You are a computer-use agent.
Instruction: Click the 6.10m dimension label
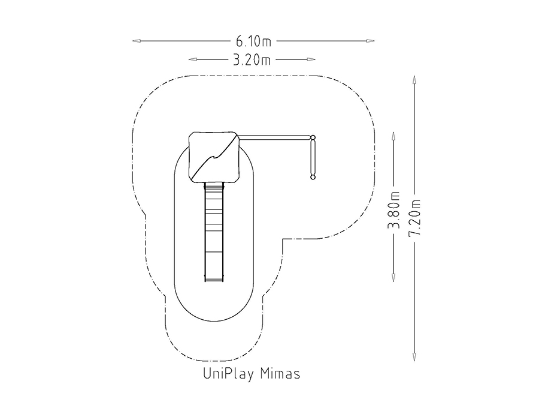(253, 41)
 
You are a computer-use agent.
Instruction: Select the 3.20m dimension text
(252, 60)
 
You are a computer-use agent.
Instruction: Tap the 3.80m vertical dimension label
(394, 210)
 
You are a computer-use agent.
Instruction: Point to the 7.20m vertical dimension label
(414, 218)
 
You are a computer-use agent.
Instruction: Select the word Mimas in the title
(280, 374)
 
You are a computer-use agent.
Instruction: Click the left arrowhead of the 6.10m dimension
(137, 41)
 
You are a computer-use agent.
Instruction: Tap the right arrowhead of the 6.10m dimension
(370, 41)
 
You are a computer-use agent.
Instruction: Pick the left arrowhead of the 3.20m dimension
(192, 59)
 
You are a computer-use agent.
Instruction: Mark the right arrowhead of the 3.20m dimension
(311, 59)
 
